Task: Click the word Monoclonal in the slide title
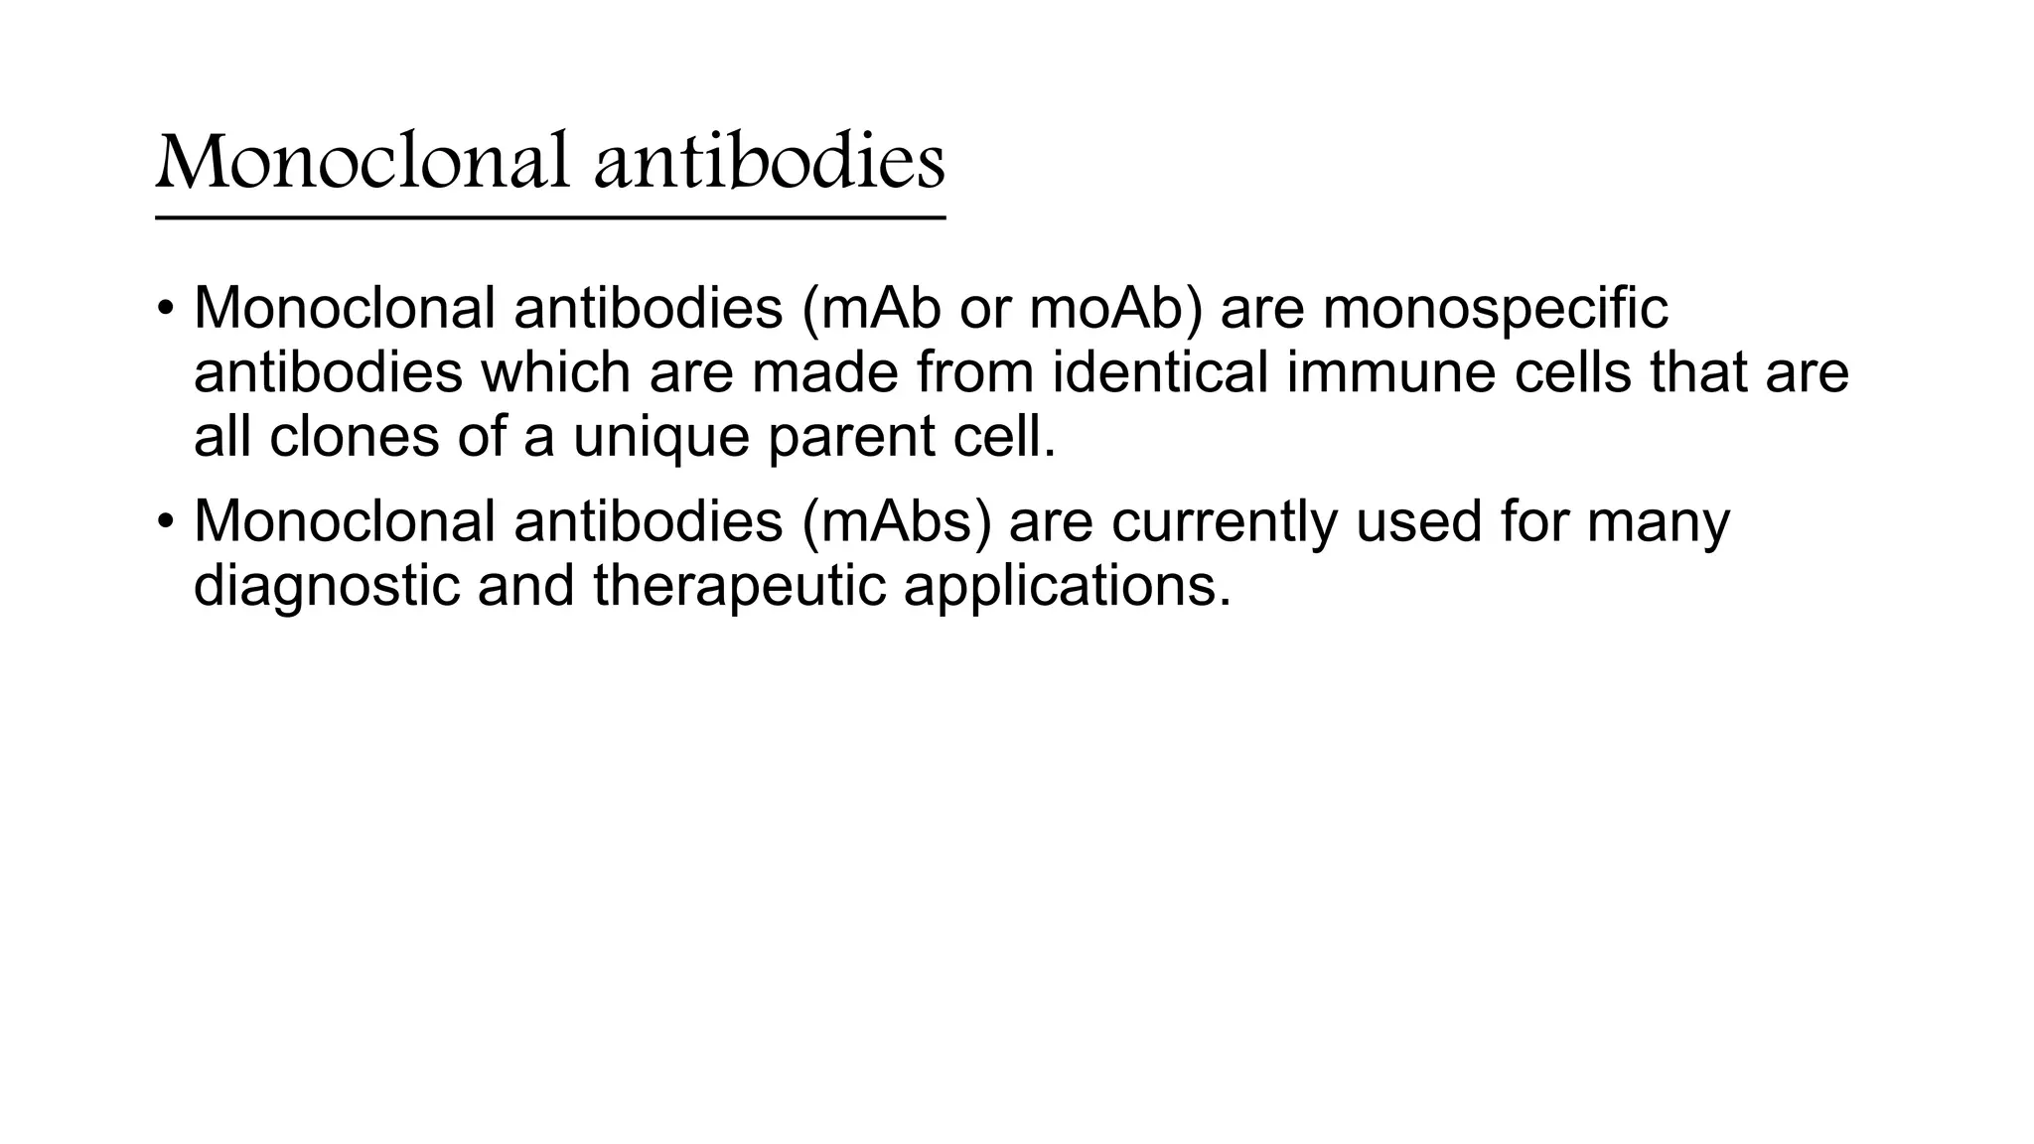click(x=363, y=162)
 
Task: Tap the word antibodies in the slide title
click(x=769, y=162)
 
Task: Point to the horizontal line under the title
click(x=550, y=217)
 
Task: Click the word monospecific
click(x=1495, y=308)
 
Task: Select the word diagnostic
click(x=327, y=587)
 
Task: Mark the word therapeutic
click(x=739, y=587)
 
